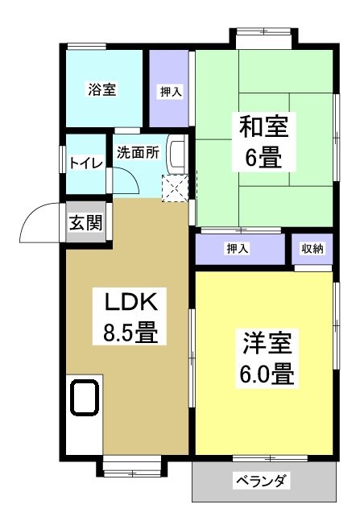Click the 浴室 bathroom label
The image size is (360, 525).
tap(102, 89)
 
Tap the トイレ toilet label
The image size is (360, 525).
tap(85, 163)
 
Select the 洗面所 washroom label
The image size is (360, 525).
tap(139, 152)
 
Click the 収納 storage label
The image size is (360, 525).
tap(312, 248)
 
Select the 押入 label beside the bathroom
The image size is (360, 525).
tap(169, 91)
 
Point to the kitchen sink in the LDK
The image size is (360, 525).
tap(85, 397)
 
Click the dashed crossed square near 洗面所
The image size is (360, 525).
tap(174, 188)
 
